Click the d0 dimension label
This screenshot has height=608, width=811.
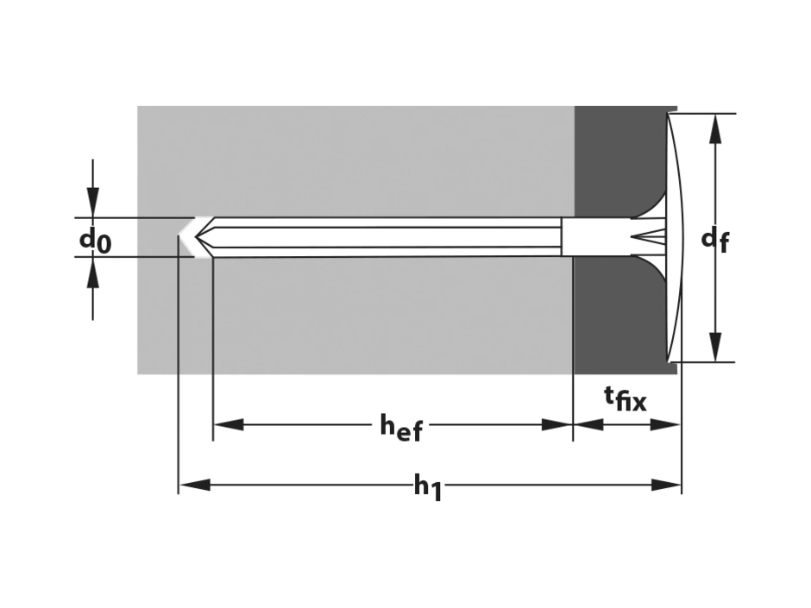point(95,241)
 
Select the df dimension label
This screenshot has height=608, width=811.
point(715,241)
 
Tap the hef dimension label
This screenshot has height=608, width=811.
point(401,427)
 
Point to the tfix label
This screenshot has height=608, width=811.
point(626,398)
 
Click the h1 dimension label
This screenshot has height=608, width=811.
point(427,487)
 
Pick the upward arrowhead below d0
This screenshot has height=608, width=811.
point(92,272)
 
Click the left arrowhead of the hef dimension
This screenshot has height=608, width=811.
point(228,425)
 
